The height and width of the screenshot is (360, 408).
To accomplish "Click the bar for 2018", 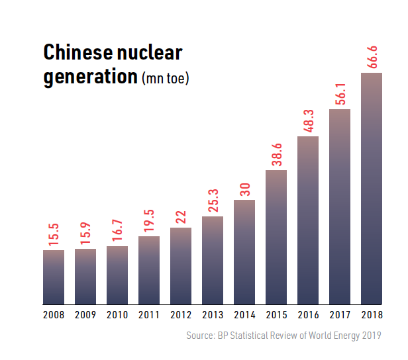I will (x=372, y=189).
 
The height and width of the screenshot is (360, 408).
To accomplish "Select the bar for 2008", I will (x=54, y=277).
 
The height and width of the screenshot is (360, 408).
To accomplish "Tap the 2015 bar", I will (x=276, y=237).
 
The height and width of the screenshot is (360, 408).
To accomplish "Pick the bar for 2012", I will (x=181, y=266).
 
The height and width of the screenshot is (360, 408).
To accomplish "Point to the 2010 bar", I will (x=117, y=275).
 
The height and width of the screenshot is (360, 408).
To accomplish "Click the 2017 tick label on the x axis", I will (x=340, y=315).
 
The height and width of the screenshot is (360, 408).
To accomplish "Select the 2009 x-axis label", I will (x=85, y=315).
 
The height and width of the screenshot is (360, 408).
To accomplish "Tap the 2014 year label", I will (x=244, y=315).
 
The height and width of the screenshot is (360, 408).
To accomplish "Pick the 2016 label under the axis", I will (x=308, y=315).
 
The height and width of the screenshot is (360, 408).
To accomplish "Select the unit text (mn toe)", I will (x=166, y=79).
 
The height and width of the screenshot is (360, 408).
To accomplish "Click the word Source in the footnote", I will (x=199, y=336).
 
